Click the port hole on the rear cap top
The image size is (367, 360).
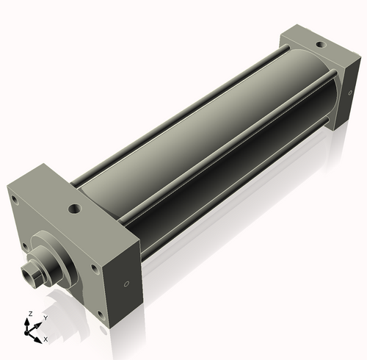click(x=319, y=45)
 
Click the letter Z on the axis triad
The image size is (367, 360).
click(x=30, y=314)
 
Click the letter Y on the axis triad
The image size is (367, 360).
click(x=45, y=318)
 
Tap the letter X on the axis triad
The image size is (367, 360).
click(x=46, y=339)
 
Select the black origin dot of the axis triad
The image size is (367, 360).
click(x=31, y=331)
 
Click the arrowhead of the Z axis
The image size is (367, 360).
click(x=30, y=321)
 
